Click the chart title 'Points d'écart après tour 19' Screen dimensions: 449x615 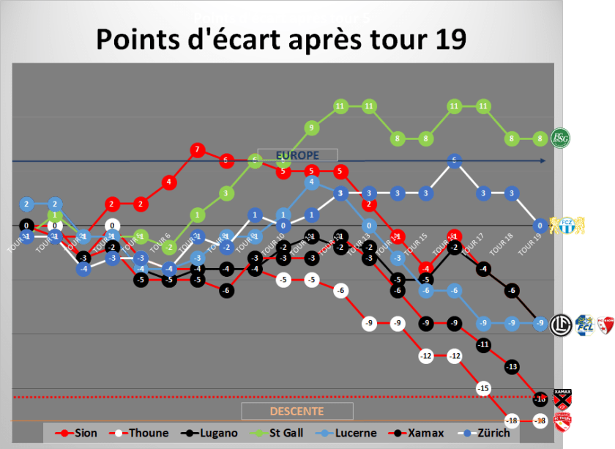(x=280, y=40)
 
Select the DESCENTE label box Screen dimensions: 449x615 (x=297, y=411)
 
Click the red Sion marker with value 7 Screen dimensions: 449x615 (x=196, y=150)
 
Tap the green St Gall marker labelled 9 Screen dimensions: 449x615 (x=311, y=128)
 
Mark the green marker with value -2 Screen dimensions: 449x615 (x=168, y=247)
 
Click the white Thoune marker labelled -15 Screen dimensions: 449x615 (x=482, y=387)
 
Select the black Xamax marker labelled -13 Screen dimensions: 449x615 (x=512, y=366)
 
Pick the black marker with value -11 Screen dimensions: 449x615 (x=482, y=344)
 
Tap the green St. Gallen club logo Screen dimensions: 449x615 (x=561, y=138)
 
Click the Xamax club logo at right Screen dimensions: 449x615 (x=562, y=399)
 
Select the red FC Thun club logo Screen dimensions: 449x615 (x=562, y=421)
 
